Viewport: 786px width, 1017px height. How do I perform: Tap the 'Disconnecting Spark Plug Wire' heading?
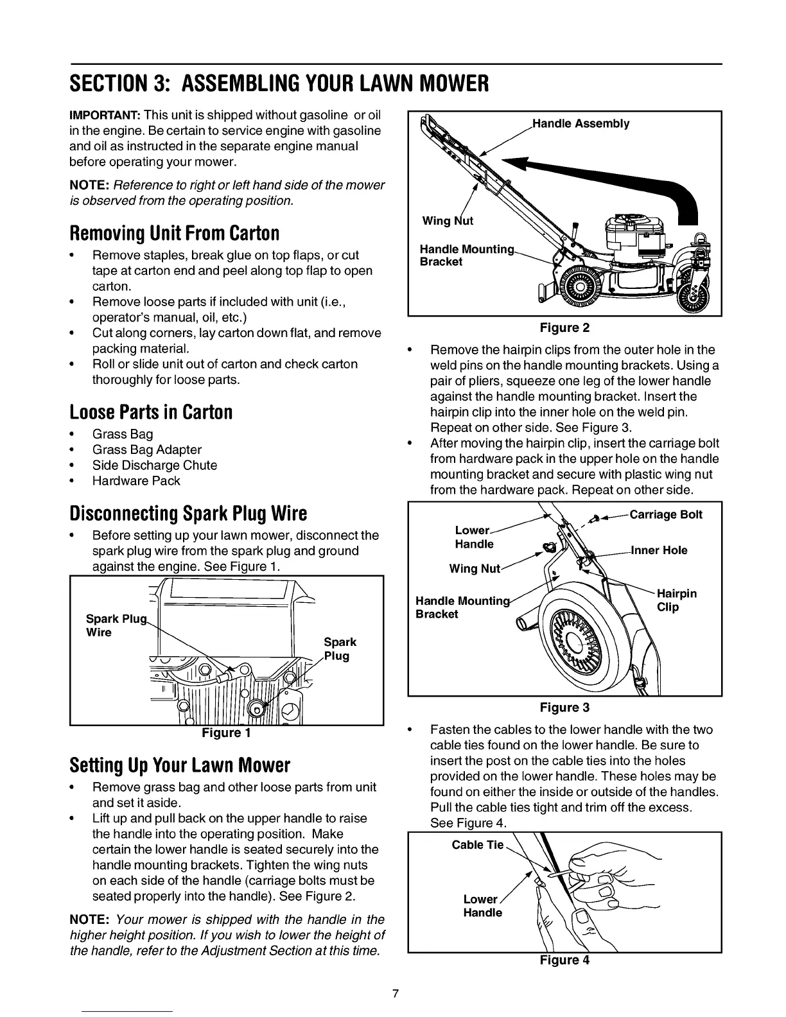point(188,513)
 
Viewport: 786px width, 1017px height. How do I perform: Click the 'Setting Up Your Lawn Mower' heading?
point(180,765)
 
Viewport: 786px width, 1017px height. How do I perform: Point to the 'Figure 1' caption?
point(227,733)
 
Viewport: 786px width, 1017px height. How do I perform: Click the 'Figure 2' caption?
point(564,328)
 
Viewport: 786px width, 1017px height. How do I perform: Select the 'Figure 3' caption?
point(564,708)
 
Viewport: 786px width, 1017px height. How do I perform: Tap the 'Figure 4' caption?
point(564,960)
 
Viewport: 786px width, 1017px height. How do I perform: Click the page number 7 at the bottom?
point(396,994)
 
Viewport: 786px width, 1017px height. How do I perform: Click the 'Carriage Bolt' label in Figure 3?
point(666,514)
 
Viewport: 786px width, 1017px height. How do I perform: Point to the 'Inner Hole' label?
point(659,550)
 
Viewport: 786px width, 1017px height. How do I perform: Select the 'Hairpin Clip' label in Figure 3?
point(676,600)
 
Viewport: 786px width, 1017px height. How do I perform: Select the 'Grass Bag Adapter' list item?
point(146,449)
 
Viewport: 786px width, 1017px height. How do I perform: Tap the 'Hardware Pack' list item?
point(136,481)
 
